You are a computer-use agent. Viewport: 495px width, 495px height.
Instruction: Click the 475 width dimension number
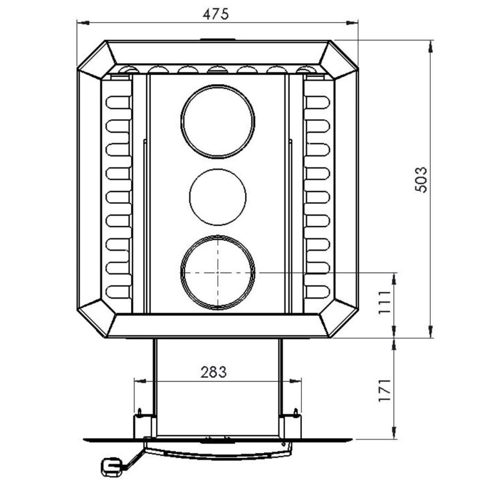215,14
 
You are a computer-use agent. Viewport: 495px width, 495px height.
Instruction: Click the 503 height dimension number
421,180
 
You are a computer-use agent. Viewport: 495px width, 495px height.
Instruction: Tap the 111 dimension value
385,302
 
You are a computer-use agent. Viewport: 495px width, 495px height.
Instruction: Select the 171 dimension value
385,391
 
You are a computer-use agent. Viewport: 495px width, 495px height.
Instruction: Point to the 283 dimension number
214,373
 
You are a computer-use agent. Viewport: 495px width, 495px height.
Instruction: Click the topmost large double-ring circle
218,122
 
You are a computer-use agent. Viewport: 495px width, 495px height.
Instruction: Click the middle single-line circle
218,197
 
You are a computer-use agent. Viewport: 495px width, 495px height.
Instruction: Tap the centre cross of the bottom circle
218,272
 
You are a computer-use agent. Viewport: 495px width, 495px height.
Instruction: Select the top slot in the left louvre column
118,102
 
